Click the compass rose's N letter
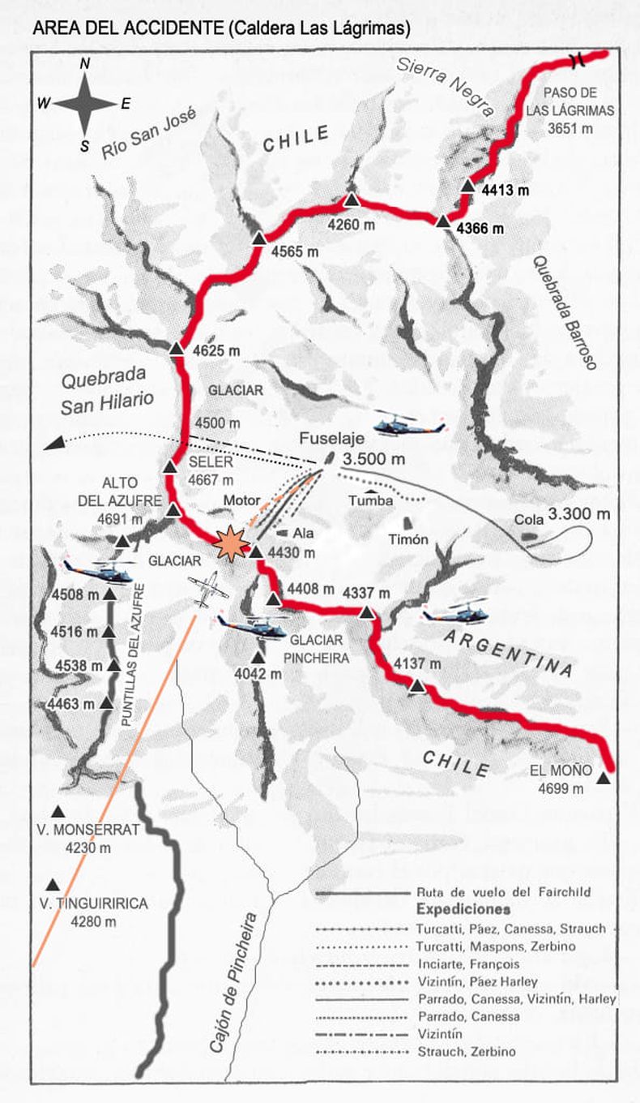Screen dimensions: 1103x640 coord(85,63)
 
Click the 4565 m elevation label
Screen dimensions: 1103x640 coord(295,251)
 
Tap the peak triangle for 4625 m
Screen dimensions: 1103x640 coord(177,348)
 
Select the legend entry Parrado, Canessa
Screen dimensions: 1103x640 coord(468,1015)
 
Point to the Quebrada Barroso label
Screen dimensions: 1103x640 coord(564,313)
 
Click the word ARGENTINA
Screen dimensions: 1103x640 coord(508,652)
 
